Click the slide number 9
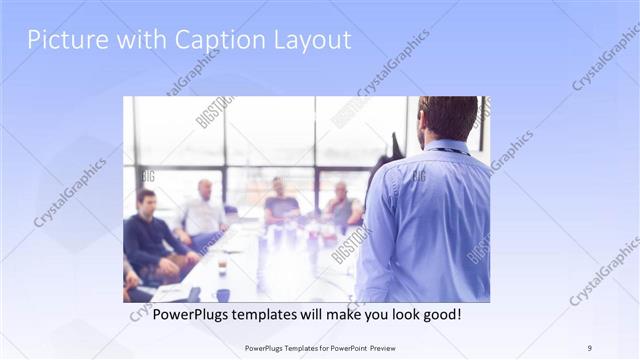pyautogui.click(x=590, y=347)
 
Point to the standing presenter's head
pyautogui.click(x=447, y=118)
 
